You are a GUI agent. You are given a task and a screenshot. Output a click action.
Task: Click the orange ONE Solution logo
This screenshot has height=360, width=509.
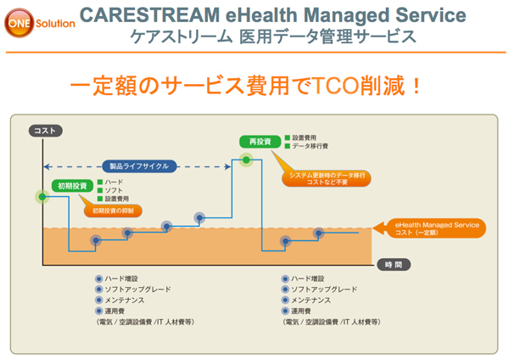(x=41, y=23)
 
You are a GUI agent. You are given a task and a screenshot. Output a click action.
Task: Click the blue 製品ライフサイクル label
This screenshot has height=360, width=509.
(x=140, y=166)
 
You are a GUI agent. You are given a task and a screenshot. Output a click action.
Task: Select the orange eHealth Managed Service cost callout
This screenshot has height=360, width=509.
(x=438, y=227)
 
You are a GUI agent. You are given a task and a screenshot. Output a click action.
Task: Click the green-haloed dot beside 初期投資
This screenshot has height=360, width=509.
(x=42, y=196)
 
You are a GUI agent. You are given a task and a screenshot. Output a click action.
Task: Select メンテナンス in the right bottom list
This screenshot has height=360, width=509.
(x=314, y=300)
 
